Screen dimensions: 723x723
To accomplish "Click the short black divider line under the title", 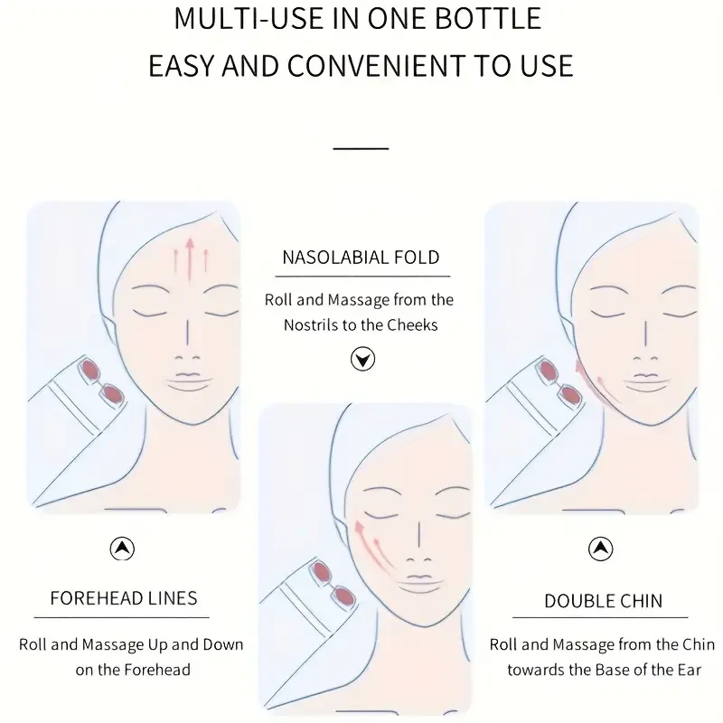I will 361,146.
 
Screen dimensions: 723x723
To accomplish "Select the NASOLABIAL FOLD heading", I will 361,257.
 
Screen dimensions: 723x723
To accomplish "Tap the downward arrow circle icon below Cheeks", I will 361,361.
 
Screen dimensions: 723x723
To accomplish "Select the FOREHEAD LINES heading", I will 123,598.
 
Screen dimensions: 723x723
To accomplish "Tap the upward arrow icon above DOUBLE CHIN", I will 599,548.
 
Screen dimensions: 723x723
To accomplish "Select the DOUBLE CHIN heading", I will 603,600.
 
